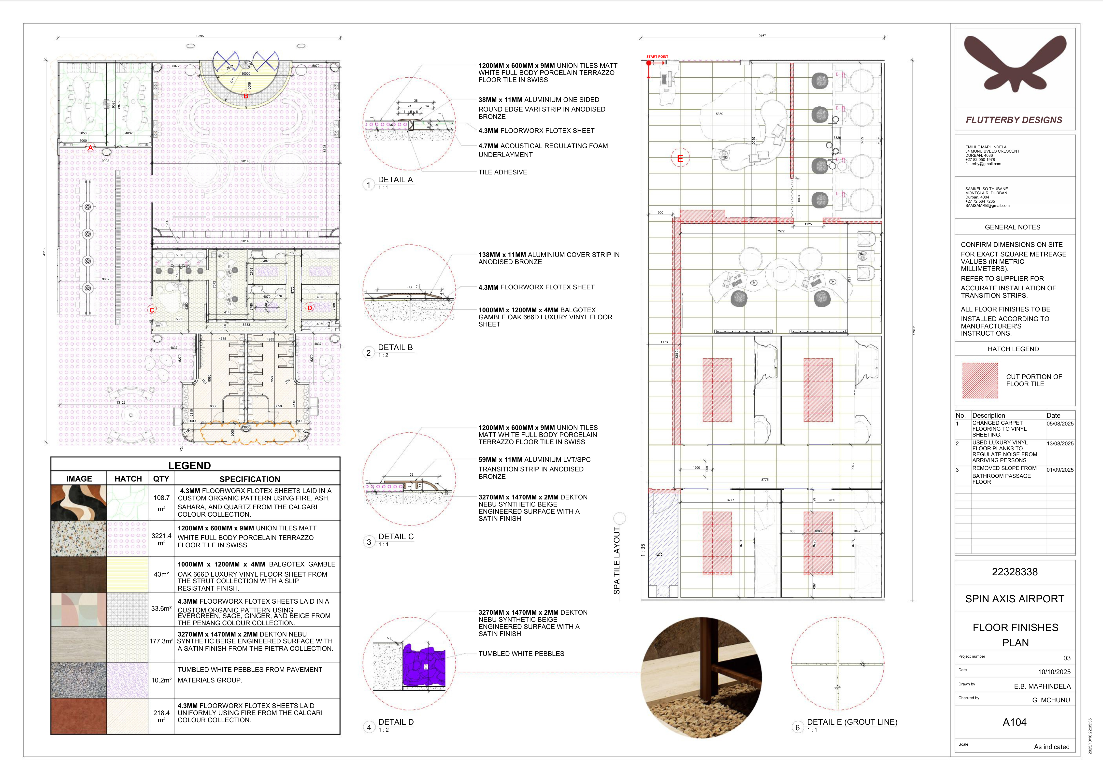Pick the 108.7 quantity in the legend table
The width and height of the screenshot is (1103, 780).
pyautogui.click(x=161, y=498)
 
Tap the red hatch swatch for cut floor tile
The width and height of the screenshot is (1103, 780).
pyautogui.click(x=980, y=380)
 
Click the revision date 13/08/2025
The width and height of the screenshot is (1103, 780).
pyautogui.click(x=1060, y=444)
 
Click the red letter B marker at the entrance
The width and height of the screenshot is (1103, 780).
pyautogui.click(x=246, y=96)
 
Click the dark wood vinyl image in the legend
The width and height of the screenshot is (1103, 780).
pyautogui.click(x=79, y=574)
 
